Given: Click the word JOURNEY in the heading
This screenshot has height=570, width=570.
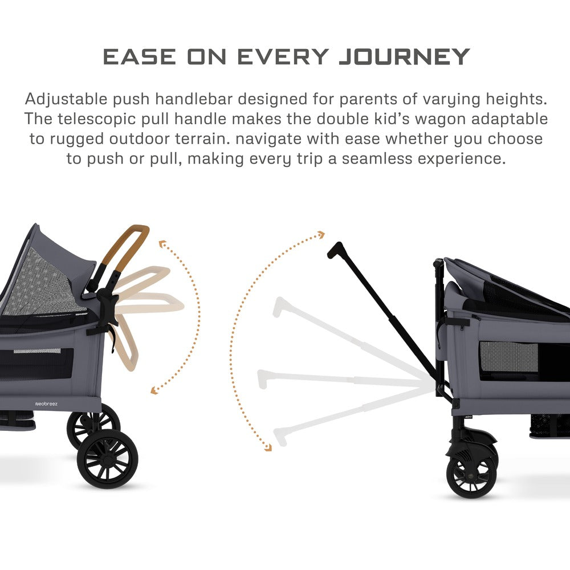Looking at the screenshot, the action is coord(404,56).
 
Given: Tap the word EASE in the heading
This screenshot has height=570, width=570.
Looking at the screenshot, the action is coord(140,56).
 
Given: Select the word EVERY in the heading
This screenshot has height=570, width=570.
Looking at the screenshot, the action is coord(283,56).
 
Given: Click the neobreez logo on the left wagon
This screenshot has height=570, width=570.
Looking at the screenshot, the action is coord(46,404).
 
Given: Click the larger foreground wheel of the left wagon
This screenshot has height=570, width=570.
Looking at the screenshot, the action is coord(107,458).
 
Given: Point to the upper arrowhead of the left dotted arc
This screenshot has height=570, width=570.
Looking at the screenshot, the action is coord(162,243).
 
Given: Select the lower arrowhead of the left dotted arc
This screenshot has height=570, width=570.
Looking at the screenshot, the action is coord(154,390).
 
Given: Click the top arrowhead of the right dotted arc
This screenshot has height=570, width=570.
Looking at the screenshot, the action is coord(321,234).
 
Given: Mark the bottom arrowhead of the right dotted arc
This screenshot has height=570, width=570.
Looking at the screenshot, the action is coord(268,447).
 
